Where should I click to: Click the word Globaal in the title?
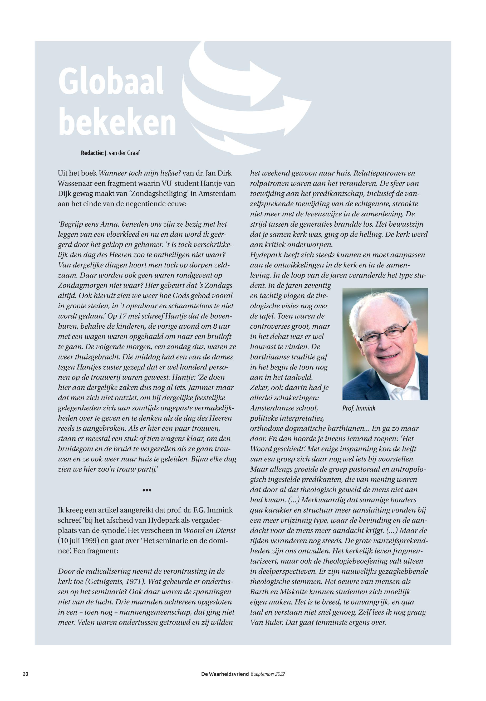(111, 82)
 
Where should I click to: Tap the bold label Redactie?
(92, 153)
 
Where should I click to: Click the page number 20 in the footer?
(26, 674)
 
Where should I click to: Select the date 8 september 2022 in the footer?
(268, 674)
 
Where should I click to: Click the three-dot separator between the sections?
(147, 490)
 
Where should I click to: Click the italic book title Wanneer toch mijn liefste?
(140, 173)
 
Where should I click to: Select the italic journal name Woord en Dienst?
(209, 530)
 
